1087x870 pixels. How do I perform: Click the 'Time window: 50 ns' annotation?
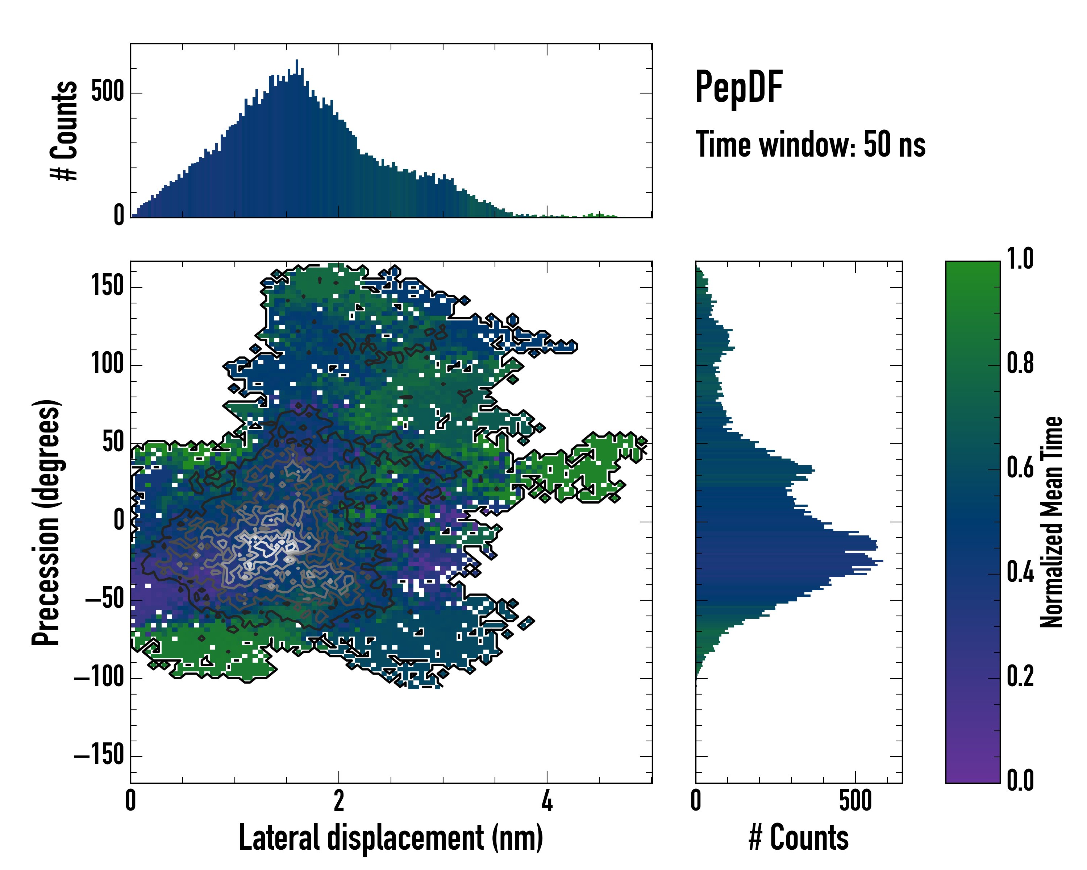tap(810, 144)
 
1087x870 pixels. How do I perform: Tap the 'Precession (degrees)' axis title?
tap(46, 522)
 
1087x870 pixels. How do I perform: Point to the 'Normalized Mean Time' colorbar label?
tap(1052, 522)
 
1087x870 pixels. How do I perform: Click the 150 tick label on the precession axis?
tap(107, 286)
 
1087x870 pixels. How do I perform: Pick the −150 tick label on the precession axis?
tap(99, 755)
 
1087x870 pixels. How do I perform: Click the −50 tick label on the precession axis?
tap(105, 599)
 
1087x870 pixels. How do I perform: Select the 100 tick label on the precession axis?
tap(107, 364)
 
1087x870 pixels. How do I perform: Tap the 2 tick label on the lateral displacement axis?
tap(339, 800)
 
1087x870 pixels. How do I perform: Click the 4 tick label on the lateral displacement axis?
tap(547, 800)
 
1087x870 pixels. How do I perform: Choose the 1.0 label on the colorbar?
tap(1020, 259)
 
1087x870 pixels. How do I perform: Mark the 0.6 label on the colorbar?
tap(1020, 468)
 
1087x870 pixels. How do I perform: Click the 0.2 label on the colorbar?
tap(1020, 676)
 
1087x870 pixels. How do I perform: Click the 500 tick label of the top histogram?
tap(107, 92)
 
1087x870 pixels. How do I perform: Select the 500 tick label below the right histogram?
tap(855, 800)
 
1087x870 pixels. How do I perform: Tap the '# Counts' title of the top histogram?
tap(64, 130)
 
